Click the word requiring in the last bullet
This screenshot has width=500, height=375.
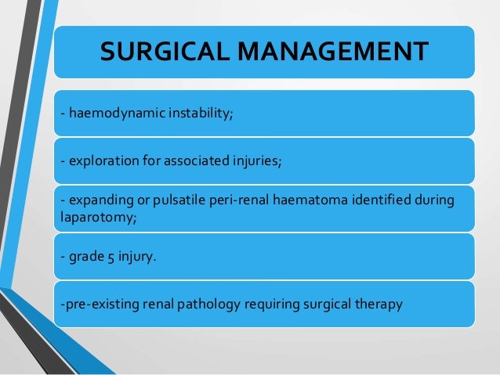point(261,301)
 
